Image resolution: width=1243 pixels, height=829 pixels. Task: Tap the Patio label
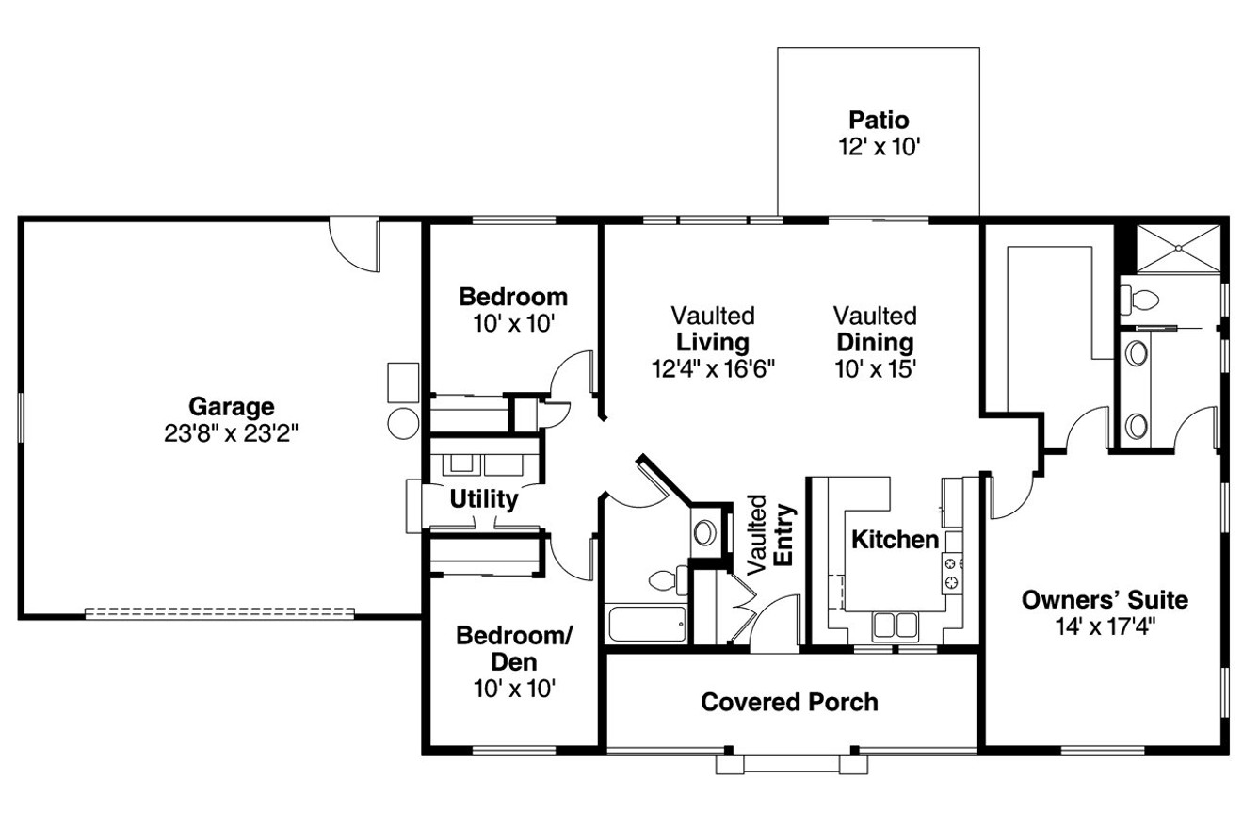[879, 121]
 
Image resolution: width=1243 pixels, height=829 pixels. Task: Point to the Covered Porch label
[789, 702]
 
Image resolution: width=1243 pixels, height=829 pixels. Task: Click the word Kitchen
[895, 540]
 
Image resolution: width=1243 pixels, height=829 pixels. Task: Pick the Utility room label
[483, 498]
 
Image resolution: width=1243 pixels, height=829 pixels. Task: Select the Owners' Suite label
[1105, 599]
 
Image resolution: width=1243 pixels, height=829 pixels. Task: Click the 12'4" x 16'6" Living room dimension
[712, 367]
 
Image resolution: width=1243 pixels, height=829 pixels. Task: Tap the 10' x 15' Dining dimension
[875, 367]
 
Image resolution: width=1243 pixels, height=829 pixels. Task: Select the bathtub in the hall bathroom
[649, 625]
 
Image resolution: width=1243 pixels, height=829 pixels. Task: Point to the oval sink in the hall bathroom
[703, 532]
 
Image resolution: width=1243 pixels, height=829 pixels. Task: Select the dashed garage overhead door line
[219, 612]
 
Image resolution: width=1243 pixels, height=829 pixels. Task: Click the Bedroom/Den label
[513, 648]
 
